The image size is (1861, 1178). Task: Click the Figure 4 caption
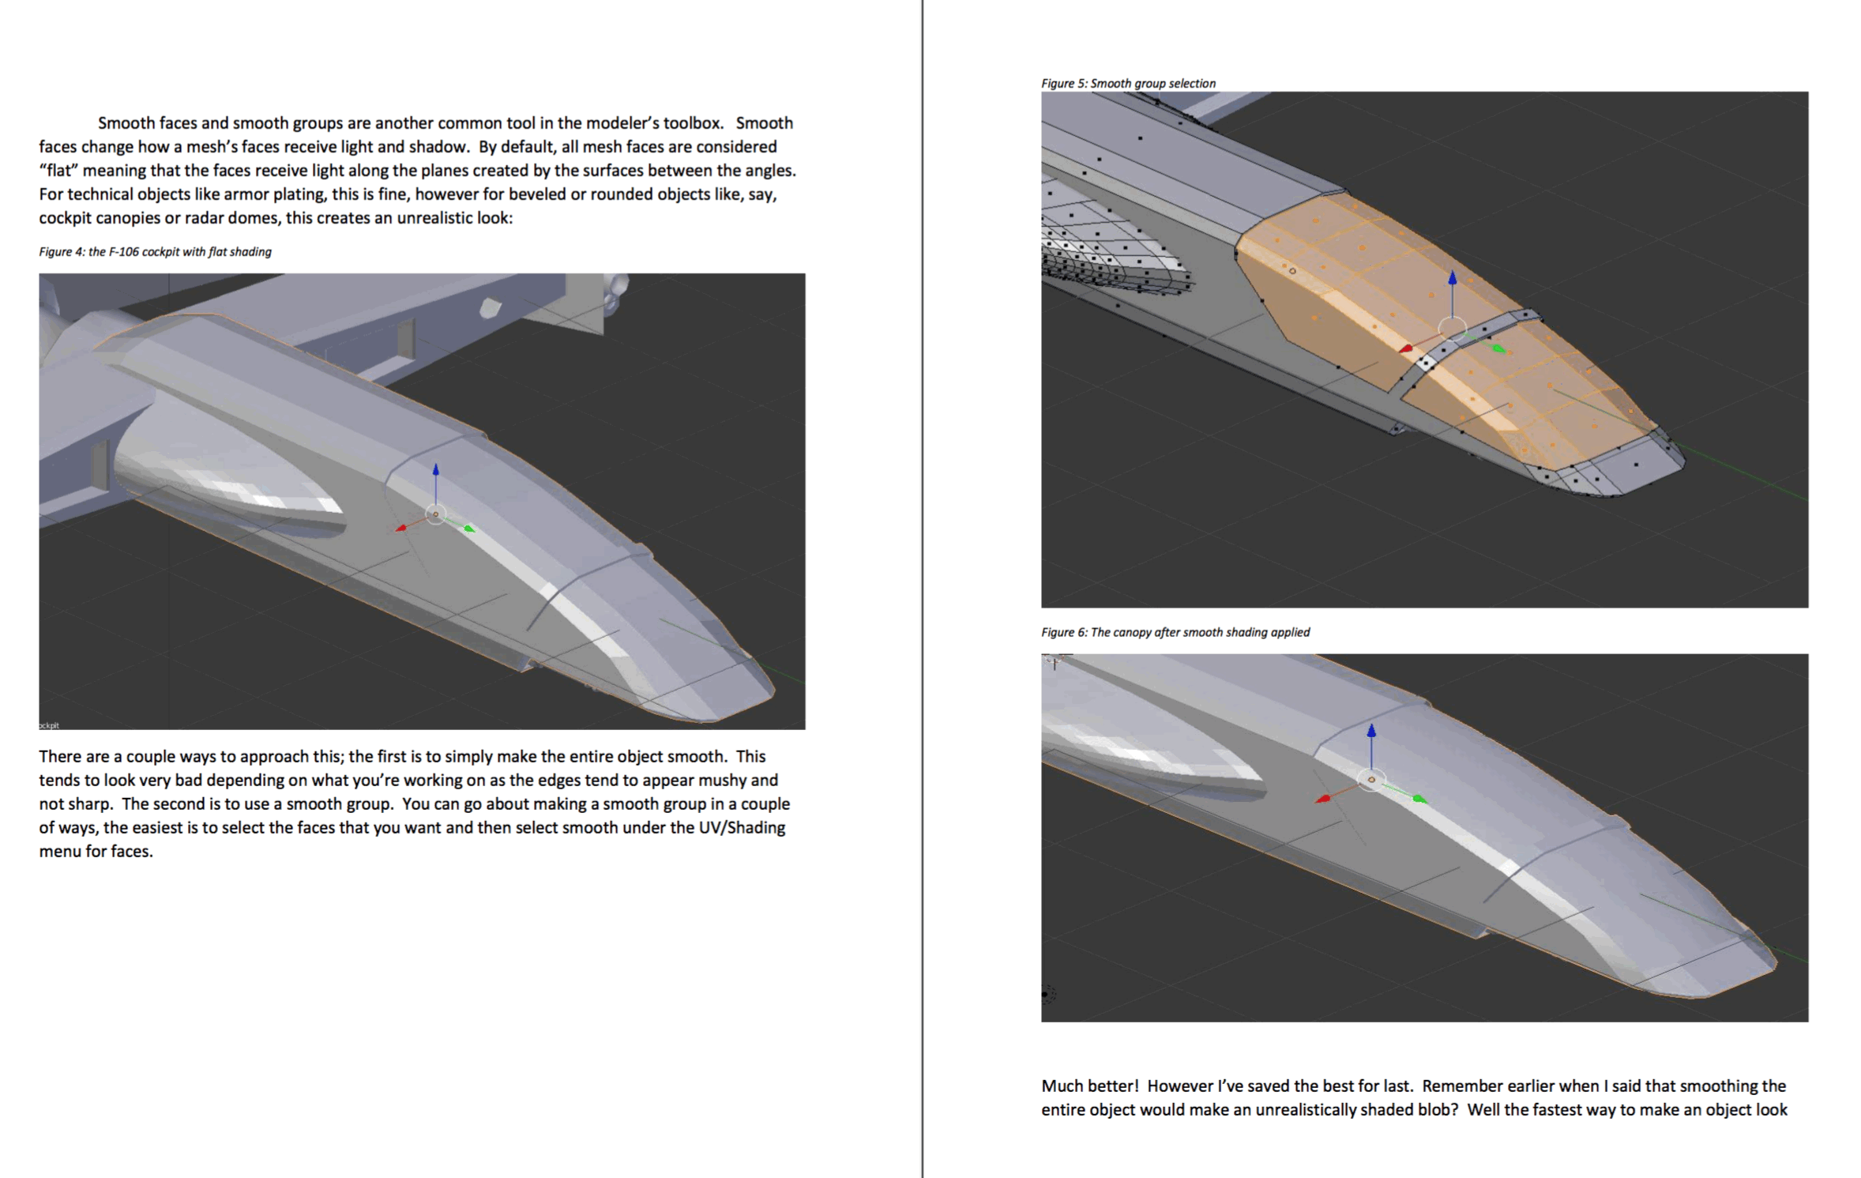(x=155, y=252)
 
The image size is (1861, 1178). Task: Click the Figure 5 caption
(x=1128, y=83)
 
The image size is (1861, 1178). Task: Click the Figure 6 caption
(x=1175, y=632)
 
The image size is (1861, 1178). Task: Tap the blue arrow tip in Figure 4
(x=435, y=470)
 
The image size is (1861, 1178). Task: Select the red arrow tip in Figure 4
(x=400, y=528)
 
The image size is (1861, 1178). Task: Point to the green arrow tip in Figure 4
(x=470, y=529)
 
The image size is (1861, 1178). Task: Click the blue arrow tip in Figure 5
(x=1452, y=277)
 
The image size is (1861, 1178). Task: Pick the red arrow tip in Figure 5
(x=1405, y=348)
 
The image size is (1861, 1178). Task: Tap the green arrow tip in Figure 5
(x=1499, y=349)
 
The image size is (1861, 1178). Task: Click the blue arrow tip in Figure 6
(x=1371, y=730)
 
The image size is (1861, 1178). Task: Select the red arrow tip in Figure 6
(x=1322, y=799)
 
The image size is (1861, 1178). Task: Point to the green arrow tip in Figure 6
(x=1420, y=800)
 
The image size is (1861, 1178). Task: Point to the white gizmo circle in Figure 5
(x=1452, y=328)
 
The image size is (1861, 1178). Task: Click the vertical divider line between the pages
(x=922, y=589)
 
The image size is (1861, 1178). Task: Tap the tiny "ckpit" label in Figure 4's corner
(x=49, y=725)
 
